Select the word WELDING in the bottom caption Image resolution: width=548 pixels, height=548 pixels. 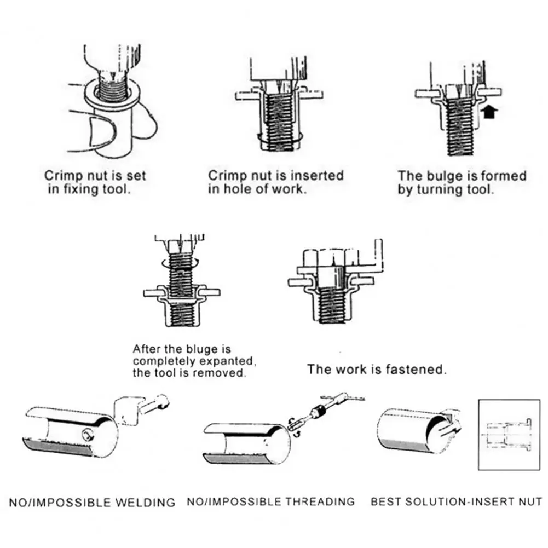pyautogui.click(x=148, y=502)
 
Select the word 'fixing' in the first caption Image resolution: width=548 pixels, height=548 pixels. pyautogui.click(x=75, y=191)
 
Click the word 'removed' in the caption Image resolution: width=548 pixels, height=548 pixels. pyautogui.click(x=223, y=373)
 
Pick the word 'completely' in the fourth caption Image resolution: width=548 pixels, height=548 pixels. pyautogui.click(x=157, y=361)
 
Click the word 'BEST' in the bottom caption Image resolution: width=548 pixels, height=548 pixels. pyautogui.click(x=385, y=501)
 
